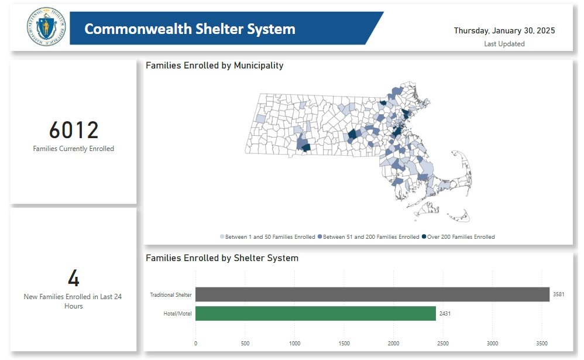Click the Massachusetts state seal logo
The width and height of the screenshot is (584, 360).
pyautogui.click(x=46, y=28)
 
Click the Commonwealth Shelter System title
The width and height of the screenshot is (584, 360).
pyautogui.click(x=190, y=29)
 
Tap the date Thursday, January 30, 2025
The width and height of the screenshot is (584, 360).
pyautogui.click(x=504, y=30)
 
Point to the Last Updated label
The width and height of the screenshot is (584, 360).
pyautogui.click(x=504, y=44)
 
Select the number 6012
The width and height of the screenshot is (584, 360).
pyautogui.click(x=74, y=130)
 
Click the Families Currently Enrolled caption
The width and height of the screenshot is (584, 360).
pyautogui.click(x=74, y=149)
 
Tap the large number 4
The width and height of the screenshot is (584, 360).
pyautogui.click(x=74, y=279)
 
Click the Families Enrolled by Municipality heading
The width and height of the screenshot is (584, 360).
pyautogui.click(x=214, y=66)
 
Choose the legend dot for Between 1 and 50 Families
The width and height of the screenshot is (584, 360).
pyautogui.click(x=222, y=237)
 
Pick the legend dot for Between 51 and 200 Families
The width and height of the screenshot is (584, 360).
pyautogui.click(x=320, y=237)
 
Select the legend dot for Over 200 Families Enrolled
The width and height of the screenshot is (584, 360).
pyautogui.click(x=424, y=237)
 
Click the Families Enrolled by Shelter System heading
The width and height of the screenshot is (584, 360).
pyautogui.click(x=222, y=258)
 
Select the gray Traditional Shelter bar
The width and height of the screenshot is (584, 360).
pyautogui.click(x=372, y=294)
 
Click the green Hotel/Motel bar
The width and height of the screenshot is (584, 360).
pyautogui.click(x=315, y=313)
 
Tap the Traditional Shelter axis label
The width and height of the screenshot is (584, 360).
pyautogui.click(x=170, y=294)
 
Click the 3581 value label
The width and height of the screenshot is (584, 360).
pyautogui.click(x=558, y=294)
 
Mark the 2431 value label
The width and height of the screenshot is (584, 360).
pyautogui.click(x=445, y=314)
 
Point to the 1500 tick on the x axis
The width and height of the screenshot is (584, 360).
pyautogui.click(x=344, y=344)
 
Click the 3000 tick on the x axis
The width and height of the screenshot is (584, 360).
pyautogui.click(x=492, y=344)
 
